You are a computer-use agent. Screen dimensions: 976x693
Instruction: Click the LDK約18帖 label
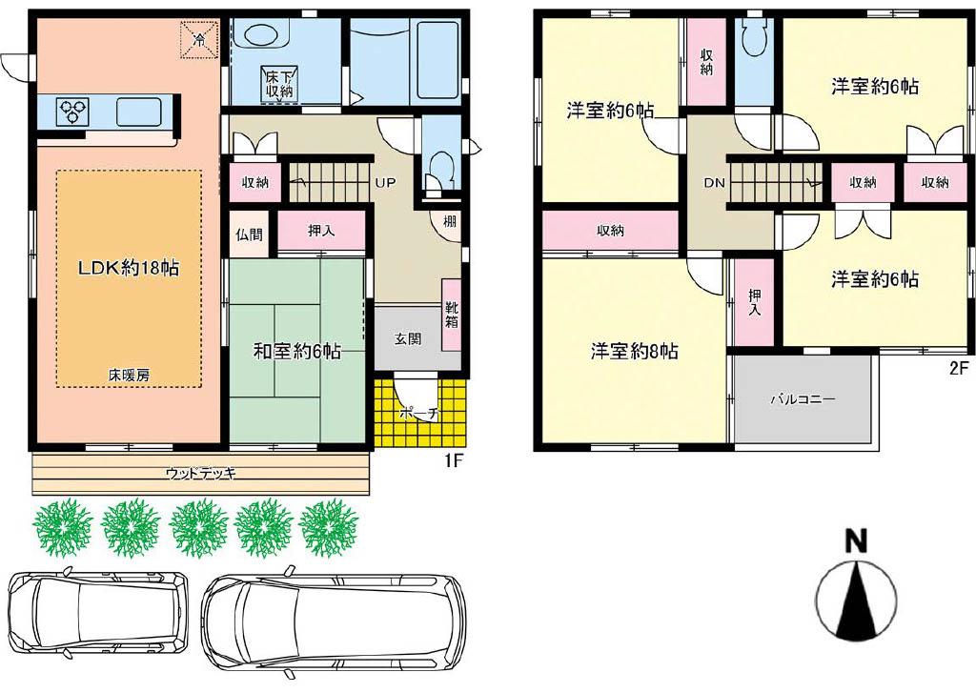tap(129, 268)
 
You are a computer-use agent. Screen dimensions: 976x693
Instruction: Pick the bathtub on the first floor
tap(437, 61)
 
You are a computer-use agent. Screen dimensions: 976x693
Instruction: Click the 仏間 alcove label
tap(249, 234)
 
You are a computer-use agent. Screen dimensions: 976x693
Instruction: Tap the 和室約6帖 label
tap(296, 352)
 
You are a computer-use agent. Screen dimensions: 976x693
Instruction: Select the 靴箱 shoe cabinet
tap(451, 315)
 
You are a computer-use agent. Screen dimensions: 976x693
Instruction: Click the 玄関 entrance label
tap(408, 338)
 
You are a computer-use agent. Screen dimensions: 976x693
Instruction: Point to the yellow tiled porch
tap(420, 412)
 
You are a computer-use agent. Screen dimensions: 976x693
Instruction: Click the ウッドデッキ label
tap(200, 474)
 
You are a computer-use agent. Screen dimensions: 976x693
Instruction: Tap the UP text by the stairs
tap(385, 183)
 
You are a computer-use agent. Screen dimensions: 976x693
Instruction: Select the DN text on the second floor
tap(714, 183)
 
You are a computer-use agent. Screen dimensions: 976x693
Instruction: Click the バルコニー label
tap(803, 399)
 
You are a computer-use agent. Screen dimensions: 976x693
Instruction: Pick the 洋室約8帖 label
tap(634, 352)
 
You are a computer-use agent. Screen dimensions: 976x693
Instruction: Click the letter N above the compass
tap(856, 540)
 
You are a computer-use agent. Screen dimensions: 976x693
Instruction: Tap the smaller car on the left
tap(98, 612)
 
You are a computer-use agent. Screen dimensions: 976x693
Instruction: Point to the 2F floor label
tap(959, 367)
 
